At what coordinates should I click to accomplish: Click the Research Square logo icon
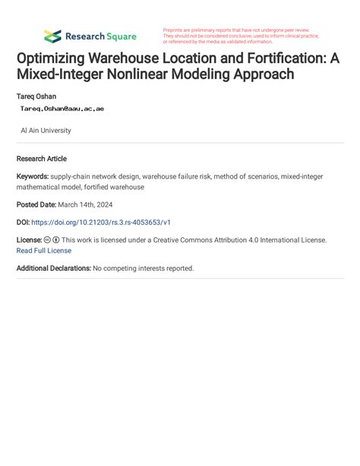(x=52, y=36)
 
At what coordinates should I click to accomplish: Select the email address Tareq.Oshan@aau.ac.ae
(x=62, y=109)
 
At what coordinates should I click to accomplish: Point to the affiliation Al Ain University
(x=46, y=131)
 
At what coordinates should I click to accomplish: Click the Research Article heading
(x=41, y=159)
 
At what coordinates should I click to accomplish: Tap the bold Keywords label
(x=32, y=176)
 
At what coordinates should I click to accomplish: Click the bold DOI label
(x=24, y=222)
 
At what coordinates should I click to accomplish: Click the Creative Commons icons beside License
(x=52, y=239)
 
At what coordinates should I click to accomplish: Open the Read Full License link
(x=43, y=250)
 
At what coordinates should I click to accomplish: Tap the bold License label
(x=29, y=239)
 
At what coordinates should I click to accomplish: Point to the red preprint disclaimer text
(x=241, y=36)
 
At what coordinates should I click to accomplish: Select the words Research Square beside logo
(x=100, y=36)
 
